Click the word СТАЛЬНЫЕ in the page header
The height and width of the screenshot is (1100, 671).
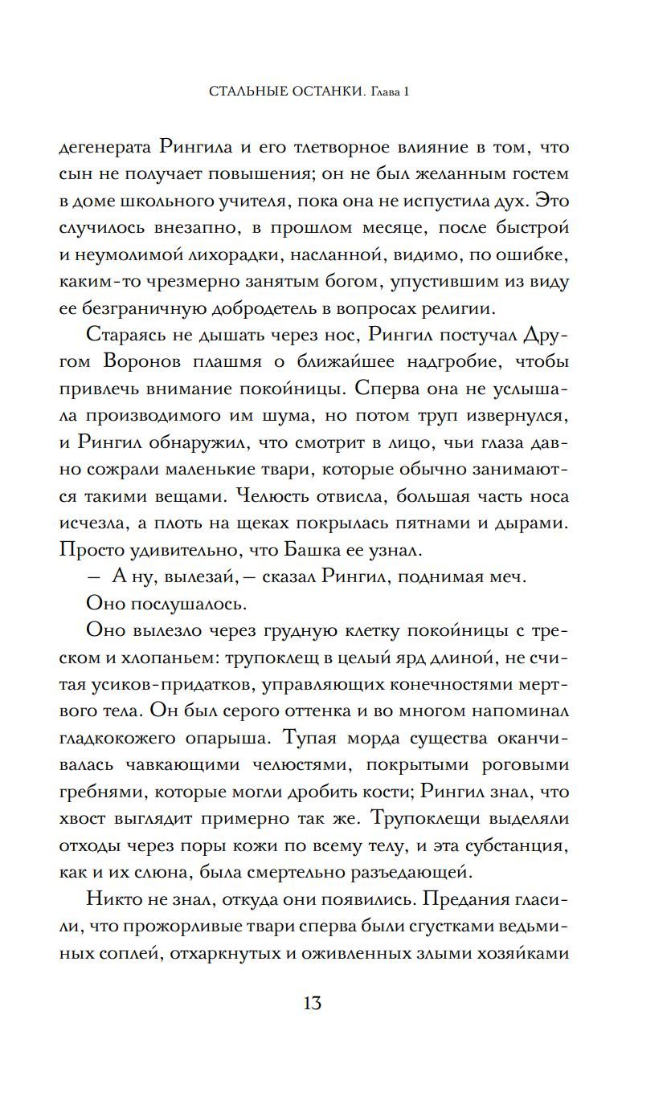[x=246, y=92]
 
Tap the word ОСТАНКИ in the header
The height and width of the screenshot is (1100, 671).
[x=328, y=92]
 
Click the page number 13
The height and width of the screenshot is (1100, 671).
[x=313, y=1003]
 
